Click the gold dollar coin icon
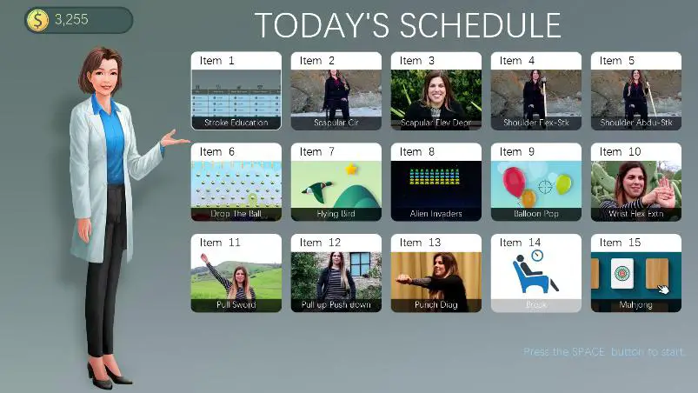[37, 20]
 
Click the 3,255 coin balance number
[71, 20]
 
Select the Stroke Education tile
[236, 95]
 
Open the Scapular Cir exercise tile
[336, 95]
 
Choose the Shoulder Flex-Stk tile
[535, 95]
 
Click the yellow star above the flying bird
[352, 169]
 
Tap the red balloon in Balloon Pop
[514, 181]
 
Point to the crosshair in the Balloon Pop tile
[545, 186]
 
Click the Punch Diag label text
[435, 305]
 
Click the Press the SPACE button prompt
[604, 352]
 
